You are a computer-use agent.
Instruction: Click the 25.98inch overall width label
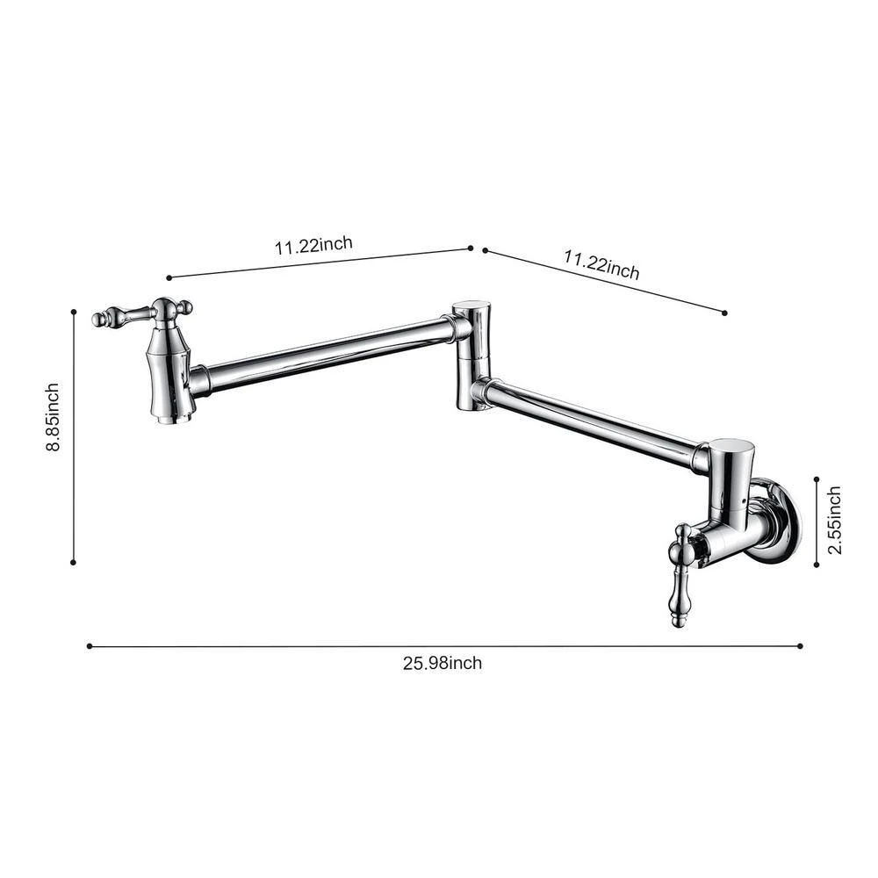(443, 663)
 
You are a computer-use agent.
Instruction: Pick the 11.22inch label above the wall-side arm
(601, 264)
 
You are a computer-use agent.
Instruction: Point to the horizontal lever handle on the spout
(123, 315)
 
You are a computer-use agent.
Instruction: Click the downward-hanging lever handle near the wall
(680, 583)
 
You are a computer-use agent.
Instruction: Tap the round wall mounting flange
(781, 520)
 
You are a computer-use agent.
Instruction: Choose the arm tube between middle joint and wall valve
(588, 421)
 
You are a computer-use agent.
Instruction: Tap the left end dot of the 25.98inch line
(89, 646)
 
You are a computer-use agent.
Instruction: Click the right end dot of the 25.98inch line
(801, 646)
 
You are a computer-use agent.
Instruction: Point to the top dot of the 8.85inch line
(74, 311)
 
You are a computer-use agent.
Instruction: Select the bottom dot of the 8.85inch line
(74, 563)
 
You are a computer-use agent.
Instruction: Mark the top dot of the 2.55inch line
(817, 479)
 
